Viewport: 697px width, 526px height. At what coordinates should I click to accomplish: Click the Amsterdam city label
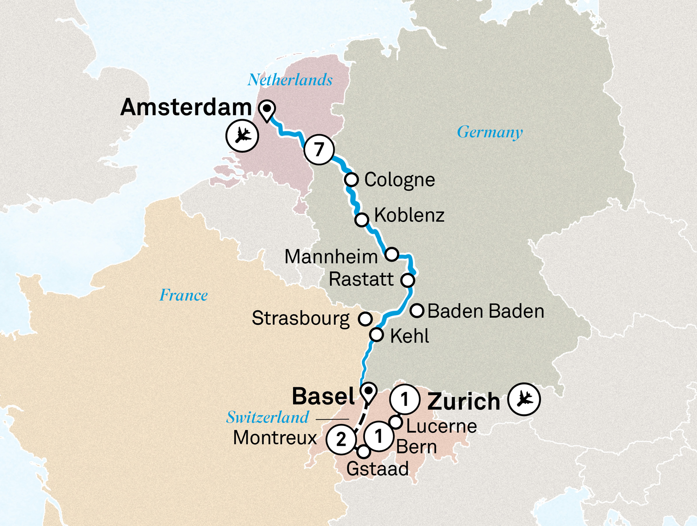(186, 107)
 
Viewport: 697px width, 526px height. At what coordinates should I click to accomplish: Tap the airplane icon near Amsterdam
(242, 136)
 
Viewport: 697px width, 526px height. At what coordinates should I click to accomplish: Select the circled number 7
(319, 149)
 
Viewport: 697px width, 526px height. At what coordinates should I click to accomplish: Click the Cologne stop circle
(351, 180)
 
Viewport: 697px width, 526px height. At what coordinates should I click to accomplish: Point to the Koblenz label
(409, 215)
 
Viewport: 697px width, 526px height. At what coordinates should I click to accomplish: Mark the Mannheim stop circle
(392, 254)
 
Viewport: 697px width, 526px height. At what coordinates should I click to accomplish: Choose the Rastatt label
(361, 279)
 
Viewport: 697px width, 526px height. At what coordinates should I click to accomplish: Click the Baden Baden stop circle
(417, 310)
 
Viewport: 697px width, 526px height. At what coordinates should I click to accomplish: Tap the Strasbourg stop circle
(365, 318)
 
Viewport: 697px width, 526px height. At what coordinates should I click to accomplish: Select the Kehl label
(409, 336)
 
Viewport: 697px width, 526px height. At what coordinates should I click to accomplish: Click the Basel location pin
(368, 392)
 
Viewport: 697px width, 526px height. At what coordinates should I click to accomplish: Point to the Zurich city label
(464, 402)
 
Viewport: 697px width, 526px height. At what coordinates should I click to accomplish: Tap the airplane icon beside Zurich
(524, 399)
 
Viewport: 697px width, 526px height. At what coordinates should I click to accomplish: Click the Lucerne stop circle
(396, 422)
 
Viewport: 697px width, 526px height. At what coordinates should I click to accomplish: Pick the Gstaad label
(377, 469)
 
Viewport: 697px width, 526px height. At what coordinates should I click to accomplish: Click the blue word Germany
(490, 132)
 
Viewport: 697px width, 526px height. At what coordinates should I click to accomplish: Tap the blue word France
(184, 295)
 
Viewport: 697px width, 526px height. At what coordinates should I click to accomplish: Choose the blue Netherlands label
(290, 80)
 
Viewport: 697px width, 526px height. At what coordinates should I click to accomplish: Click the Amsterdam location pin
(267, 110)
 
